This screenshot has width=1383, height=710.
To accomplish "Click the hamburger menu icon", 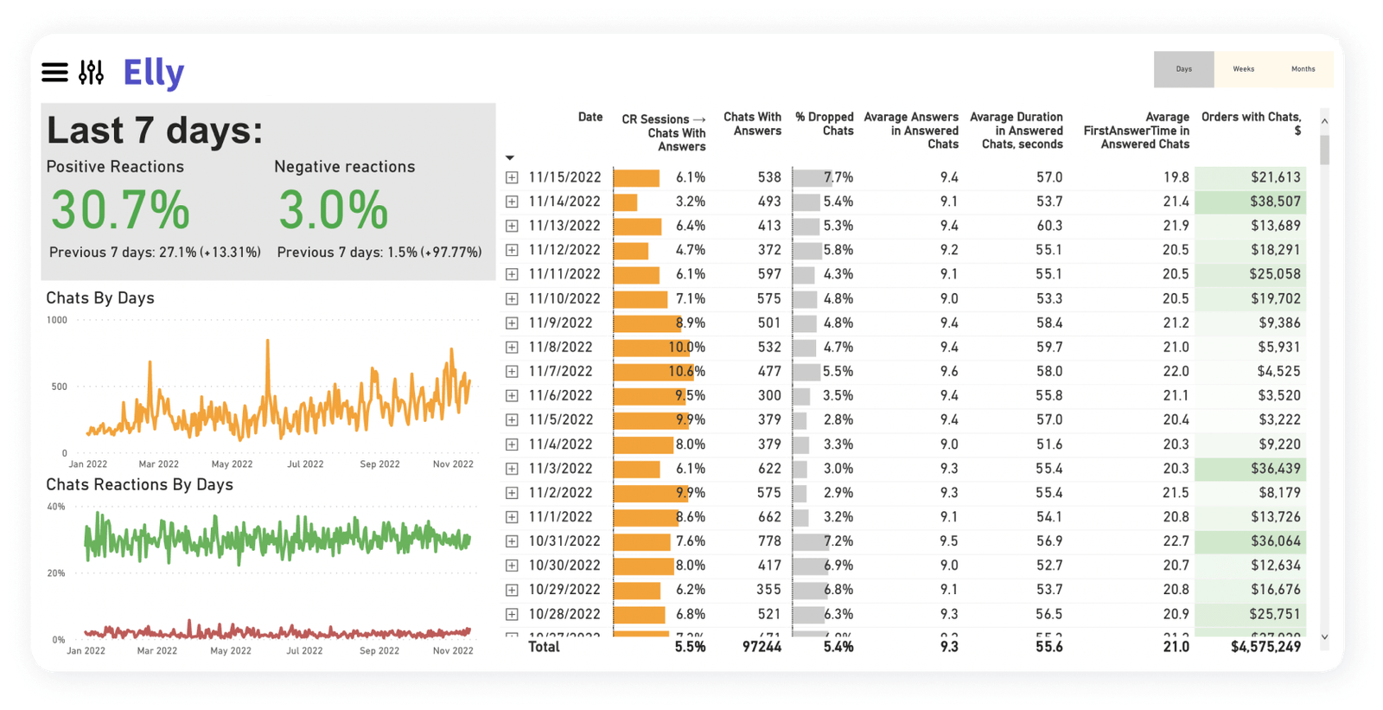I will (x=54, y=73).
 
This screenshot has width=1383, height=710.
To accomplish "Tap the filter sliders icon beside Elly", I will (x=91, y=73).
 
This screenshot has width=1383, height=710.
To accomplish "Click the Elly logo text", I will (x=154, y=73).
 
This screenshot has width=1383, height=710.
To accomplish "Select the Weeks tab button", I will (x=1243, y=69).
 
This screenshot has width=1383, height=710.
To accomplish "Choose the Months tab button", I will (x=1303, y=69).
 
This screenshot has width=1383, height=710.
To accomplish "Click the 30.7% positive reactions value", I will (x=120, y=210).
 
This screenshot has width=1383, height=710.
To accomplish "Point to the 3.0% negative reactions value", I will (x=334, y=210).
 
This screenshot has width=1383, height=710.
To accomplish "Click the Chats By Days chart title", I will (x=100, y=298).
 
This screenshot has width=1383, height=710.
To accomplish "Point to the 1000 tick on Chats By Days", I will (x=57, y=320).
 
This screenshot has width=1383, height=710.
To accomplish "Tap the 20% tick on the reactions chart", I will (x=56, y=573).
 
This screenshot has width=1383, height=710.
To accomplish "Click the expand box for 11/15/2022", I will (x=512, y=177).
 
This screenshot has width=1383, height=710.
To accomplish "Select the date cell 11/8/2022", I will (x=560, y=347).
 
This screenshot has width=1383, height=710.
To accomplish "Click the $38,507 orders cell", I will (x=1275, y=201).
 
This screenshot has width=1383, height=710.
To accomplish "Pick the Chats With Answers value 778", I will (x=769, y=541).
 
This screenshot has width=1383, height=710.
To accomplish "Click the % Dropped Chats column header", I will (x=825, y=124).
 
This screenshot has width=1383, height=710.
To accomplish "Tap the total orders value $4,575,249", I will (x=1265, y=647).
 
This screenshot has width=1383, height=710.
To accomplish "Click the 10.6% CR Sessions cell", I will (x=687, y=372).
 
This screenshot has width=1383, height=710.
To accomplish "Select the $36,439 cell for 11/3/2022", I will (x=1275, y=469).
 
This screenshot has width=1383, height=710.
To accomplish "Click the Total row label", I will (x=544, y=647).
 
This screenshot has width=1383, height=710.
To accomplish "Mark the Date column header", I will (x=590, y=118).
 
